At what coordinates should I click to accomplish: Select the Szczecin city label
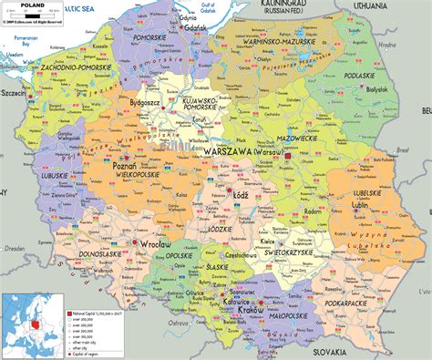[15, 92]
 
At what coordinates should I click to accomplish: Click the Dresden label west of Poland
[13, 247]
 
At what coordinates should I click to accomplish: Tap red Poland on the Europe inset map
[37, 323]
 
